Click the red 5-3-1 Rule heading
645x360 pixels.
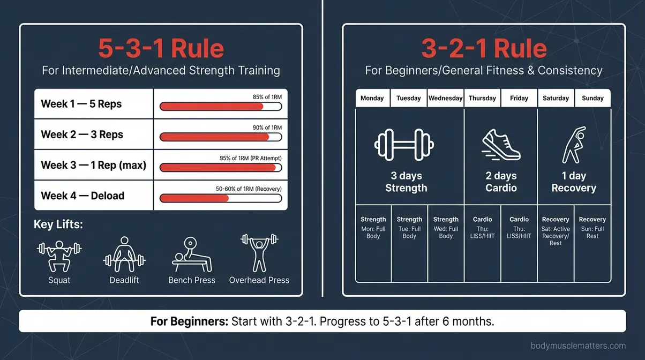tap(161, 49)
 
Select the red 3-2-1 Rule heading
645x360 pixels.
tap(484, 49)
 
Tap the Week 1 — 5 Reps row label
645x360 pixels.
tap(81, 104)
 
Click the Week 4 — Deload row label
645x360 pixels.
tap(82, 196)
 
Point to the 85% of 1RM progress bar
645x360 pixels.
tap(220, 107)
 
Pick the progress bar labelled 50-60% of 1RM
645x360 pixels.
tap(220, 198)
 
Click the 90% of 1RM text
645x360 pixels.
tap(267, 127)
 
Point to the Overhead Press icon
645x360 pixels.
tap(259, 252)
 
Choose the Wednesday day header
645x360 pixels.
tap(446, 98)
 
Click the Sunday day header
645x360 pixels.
tap(592, 98)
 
